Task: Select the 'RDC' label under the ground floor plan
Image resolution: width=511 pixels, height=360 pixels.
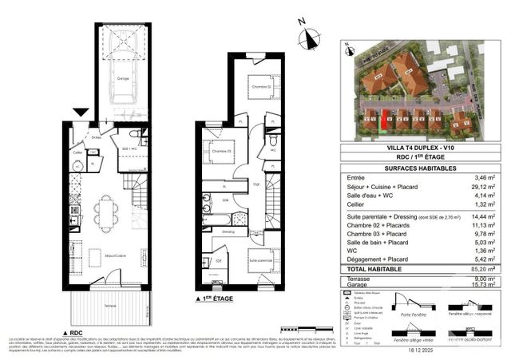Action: (73, 332)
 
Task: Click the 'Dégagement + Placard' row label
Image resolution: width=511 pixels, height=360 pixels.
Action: (374, 259)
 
